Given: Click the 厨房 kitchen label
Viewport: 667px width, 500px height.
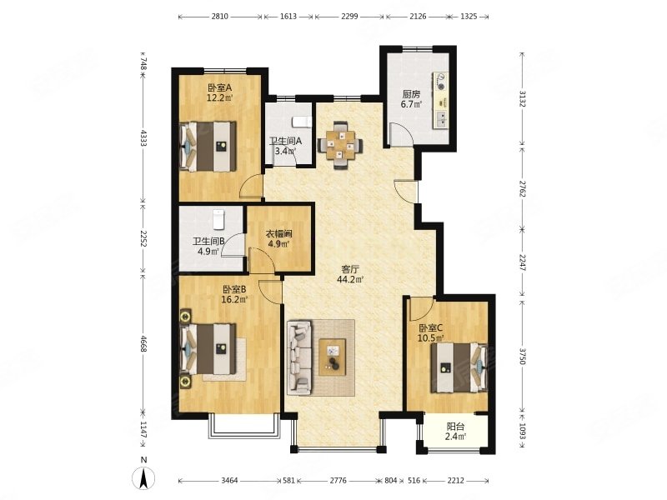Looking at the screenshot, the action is coord(411,94).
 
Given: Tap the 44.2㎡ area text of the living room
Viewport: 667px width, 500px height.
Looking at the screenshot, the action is coord(350,279).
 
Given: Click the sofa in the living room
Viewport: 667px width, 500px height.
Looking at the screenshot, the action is coord(300,357).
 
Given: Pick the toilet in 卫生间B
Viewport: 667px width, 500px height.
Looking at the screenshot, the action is coord(218,219).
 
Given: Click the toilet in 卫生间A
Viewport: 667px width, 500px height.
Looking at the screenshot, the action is coord(302,122).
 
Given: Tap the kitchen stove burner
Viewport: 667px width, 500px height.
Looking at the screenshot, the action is coord(441,82).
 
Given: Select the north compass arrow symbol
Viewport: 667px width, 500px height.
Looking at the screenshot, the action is coord(143,477).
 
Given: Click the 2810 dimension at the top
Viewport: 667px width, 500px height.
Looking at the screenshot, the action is coord(219,17).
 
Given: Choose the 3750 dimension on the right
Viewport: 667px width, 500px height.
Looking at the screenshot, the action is coord(523,356).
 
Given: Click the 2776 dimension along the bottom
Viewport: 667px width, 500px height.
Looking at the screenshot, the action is coord(338,481).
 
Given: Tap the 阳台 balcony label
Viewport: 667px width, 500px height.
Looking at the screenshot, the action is coord(455,427).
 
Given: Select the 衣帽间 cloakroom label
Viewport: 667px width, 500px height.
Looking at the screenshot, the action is coord(278,234).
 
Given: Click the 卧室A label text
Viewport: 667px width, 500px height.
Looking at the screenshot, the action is coord(219,88).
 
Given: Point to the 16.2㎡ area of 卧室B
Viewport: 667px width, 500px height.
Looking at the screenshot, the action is coord(234,299).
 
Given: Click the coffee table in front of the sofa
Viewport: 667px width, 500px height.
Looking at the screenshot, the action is coord(332,357).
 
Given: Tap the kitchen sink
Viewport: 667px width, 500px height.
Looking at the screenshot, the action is coord(441,119).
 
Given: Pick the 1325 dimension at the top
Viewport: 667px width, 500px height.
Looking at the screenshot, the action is coord(469,17).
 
